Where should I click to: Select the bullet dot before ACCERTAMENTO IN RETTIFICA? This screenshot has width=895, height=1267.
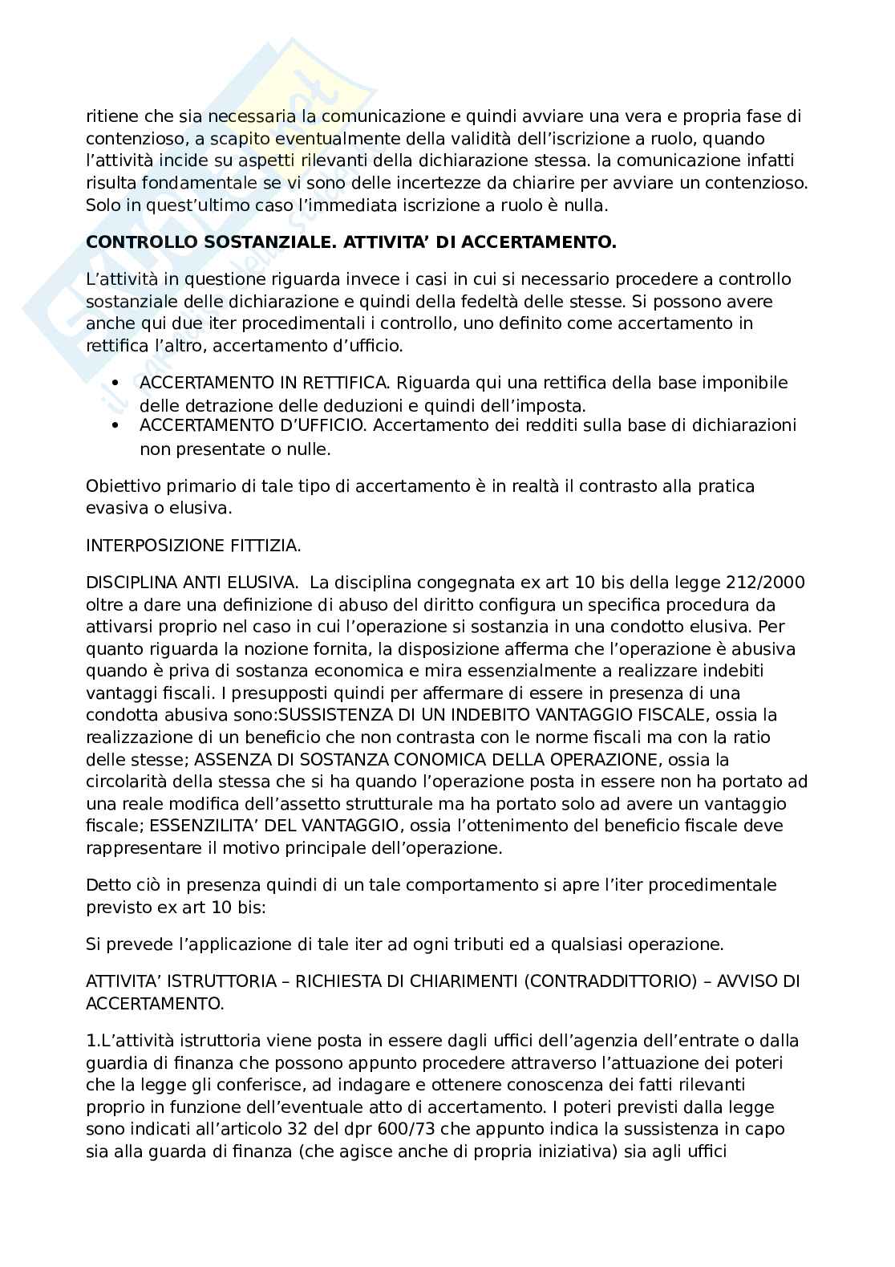(x=116, y=382)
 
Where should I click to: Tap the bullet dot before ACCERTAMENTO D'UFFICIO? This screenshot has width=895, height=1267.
(x=116, y=425)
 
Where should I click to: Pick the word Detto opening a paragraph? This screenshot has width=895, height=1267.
(x=107, y=885)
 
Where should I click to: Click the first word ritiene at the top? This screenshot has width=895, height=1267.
(x=111, y=117)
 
